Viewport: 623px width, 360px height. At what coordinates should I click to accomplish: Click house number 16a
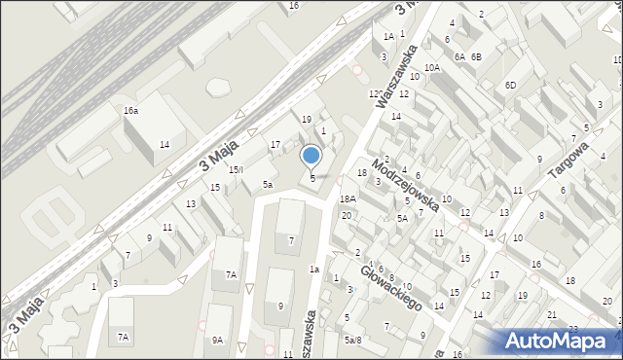[x=130, y=111]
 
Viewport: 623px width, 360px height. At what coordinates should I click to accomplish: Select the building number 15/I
[x=236, y=169]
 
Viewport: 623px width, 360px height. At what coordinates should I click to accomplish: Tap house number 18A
[x=348, y=198]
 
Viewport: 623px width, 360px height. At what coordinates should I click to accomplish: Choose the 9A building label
[x=218, y=340]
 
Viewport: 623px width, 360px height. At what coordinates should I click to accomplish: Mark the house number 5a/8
[x=352, y=340]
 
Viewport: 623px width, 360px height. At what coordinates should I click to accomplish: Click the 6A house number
[x=458, y=57]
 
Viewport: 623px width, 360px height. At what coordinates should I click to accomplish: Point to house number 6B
[x=476, y=57]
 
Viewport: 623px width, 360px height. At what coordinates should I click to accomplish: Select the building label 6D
[x=511, y=85]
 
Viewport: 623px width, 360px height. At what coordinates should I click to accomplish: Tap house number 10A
[x=432, y=67]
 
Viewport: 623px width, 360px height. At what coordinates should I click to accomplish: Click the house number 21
[x=552, y=315]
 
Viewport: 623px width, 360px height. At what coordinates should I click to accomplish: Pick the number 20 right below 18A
[x=346, y=215]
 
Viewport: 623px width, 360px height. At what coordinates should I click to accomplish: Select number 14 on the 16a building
[x=165, y=145]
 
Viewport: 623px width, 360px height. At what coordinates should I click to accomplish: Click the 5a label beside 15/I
[x=268, y=184]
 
